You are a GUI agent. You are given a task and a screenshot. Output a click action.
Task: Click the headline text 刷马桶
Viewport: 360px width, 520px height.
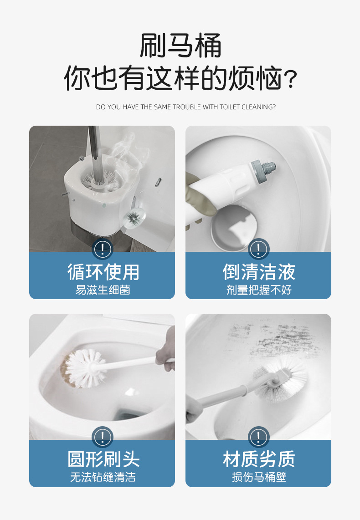pos(180,46)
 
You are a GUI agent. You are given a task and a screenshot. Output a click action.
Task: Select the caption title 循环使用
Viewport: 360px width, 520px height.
pos(103,272)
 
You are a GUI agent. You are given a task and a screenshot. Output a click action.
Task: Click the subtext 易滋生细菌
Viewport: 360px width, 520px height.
pos(103,290)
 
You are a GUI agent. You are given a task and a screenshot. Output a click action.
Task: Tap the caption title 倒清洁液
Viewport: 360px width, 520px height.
pos(258,272)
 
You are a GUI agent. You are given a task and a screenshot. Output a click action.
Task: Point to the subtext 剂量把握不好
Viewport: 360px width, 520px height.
pos(258,290)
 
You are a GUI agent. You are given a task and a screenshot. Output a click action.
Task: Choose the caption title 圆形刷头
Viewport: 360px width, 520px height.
pos(103,459)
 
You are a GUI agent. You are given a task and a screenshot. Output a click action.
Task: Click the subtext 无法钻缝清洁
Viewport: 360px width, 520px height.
pos(103,477)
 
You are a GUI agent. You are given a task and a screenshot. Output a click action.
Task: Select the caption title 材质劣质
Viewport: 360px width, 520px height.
pos(258,459)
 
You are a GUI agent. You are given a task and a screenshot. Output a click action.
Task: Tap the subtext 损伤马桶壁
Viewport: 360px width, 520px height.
pos(258,477)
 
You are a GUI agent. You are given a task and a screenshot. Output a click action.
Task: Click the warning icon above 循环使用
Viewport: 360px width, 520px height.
pos(103,249)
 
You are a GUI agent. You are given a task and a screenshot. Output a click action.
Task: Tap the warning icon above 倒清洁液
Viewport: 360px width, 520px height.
pos(258,249)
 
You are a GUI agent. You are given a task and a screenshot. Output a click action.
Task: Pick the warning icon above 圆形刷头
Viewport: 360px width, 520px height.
pos(103,437)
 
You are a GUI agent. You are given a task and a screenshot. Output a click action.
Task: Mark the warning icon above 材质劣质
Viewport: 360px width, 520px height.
pos(258,437)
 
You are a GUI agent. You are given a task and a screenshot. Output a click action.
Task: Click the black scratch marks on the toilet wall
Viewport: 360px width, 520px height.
pos(273,337)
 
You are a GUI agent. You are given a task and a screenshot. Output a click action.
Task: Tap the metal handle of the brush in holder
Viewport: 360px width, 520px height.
pos(95,146)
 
